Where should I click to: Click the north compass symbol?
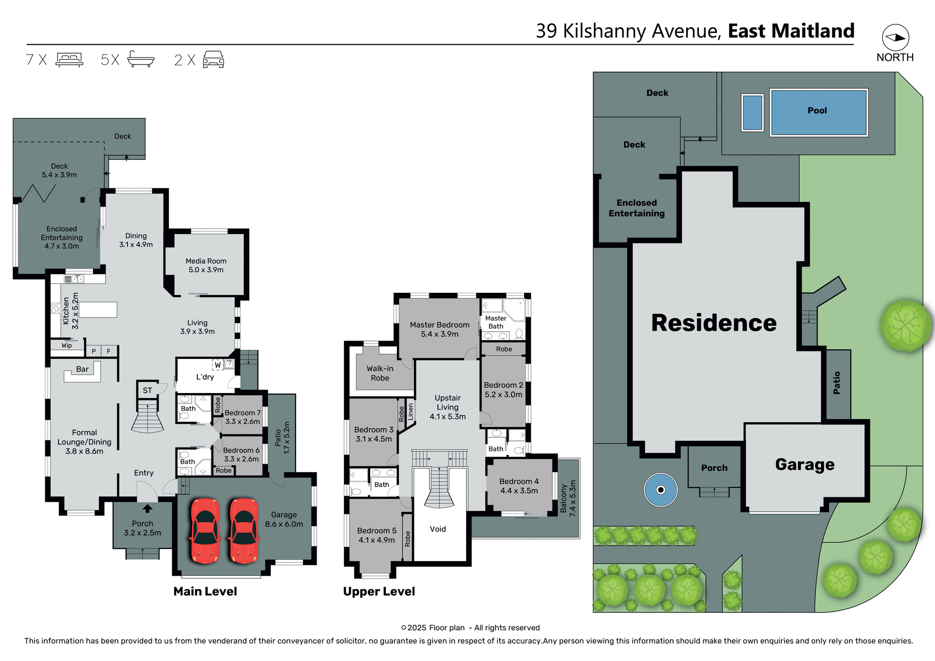pos(895,38)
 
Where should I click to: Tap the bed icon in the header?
pos(69,59)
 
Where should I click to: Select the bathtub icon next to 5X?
pos(141,59)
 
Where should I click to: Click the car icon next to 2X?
pos(213,59)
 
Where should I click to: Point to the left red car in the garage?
pos(205,530)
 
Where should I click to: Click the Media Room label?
pos(206,265)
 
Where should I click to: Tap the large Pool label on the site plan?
pos(817,111)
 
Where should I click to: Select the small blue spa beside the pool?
pos(752,113)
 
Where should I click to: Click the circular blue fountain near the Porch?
pos(660,490)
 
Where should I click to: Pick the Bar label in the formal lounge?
pos(82,369)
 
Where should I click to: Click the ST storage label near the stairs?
pos(148,390)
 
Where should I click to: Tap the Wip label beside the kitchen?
pos(67,345)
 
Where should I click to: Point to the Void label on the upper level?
pos(438,529)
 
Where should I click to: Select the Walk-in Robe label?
pos(380,373)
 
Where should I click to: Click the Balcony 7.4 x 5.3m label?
pos(568,498)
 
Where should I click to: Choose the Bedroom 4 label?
pos(519,486)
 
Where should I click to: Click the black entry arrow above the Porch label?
pos(148,509)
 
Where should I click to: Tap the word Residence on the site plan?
pos(713,323)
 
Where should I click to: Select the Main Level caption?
pos(205,591)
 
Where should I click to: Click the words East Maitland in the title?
pos(791,31)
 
